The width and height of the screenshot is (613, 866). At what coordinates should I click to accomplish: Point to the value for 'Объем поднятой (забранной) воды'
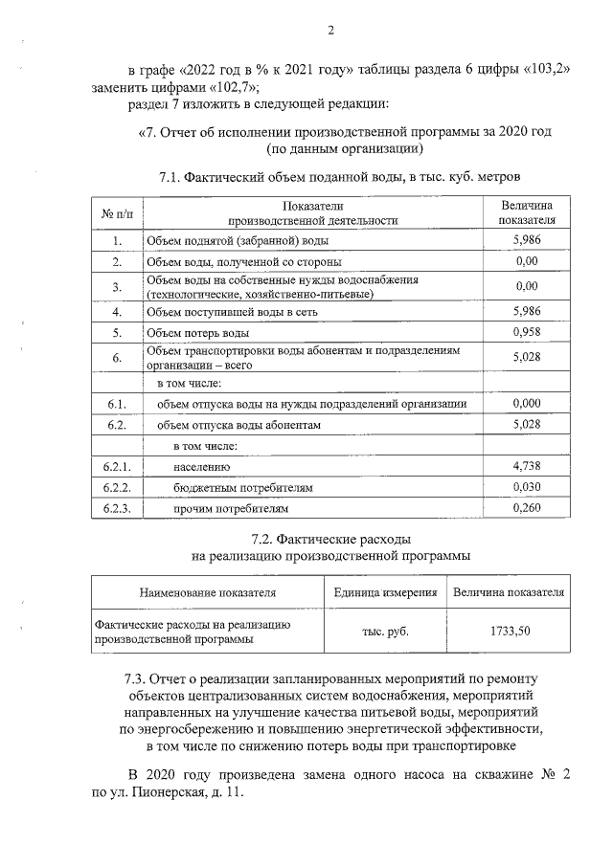(x=527, y=239)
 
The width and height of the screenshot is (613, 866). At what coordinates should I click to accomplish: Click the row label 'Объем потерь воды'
(x=197, y=334)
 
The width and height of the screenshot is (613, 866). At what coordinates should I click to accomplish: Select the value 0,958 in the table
(x=527, y=333)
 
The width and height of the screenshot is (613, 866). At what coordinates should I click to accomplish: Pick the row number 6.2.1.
(x=117, y=467)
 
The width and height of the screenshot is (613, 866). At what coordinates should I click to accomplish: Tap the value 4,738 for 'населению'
(x=527, y=466)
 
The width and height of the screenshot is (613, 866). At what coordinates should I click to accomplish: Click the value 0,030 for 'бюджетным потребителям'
(x=527, y=487)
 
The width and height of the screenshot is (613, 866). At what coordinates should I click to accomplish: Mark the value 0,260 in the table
(x=527, y=508)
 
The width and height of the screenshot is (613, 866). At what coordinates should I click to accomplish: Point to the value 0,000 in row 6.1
(x=527, y=403)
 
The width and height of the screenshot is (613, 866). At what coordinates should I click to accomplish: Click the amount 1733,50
(x=509, y=632)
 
